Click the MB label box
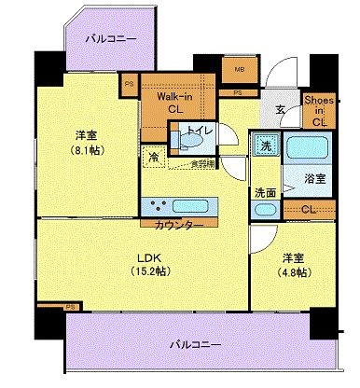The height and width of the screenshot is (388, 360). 238,68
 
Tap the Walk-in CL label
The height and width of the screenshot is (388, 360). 174,102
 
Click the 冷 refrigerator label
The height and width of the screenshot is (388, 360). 151,159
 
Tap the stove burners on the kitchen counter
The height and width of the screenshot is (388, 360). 157,205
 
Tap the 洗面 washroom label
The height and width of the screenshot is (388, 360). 265,193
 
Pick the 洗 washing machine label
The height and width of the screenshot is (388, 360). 266,145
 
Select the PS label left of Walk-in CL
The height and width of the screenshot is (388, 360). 128,82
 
